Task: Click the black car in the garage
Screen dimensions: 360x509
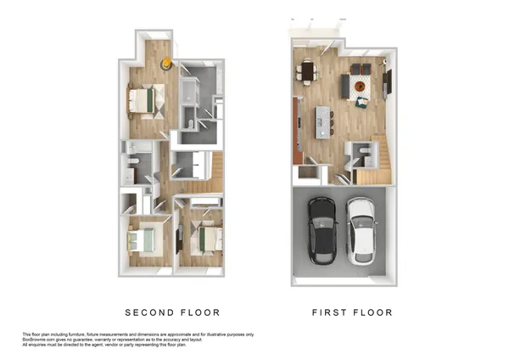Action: tap(322, 231)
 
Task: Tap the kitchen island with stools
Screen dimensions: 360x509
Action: tap(323, 121)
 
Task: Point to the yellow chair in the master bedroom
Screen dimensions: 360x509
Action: tap(168, 62)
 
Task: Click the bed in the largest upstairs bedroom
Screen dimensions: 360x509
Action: tap(142, 102)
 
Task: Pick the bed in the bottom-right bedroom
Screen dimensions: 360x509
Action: tap(204, 235)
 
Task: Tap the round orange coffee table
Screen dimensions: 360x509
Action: tap(361, 84)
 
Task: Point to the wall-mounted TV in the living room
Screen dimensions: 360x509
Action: tap(388, 83)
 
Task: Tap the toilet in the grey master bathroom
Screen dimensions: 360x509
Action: tap(192, 124)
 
